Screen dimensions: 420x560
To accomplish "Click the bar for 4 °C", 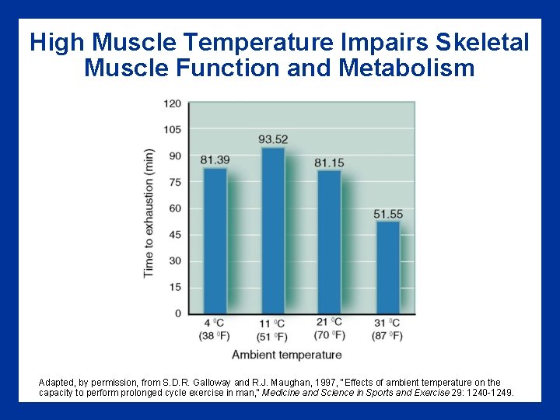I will [215, 240].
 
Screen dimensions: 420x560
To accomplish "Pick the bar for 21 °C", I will [330, 241].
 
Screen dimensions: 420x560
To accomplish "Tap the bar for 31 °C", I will [387, 268].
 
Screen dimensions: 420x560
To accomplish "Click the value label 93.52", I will [273, 140].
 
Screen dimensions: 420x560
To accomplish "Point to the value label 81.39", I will [215, 160].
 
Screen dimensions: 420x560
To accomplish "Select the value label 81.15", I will [330, 162].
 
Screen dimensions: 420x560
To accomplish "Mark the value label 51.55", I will [388, 214].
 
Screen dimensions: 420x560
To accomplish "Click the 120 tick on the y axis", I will [173, 103].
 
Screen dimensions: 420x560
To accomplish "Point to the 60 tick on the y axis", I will [175, 208].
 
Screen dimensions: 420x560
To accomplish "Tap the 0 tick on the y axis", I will [177, 313].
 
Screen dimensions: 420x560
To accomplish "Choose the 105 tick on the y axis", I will [173, 130].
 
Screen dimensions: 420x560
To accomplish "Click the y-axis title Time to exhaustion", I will [149, 212].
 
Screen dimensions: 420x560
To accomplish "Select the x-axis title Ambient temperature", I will [286, 355].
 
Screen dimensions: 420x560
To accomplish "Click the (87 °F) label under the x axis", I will [387, 336].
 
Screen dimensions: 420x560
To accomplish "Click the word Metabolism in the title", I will [407, 68].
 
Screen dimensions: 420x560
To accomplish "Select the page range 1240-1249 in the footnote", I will [488, 394].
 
